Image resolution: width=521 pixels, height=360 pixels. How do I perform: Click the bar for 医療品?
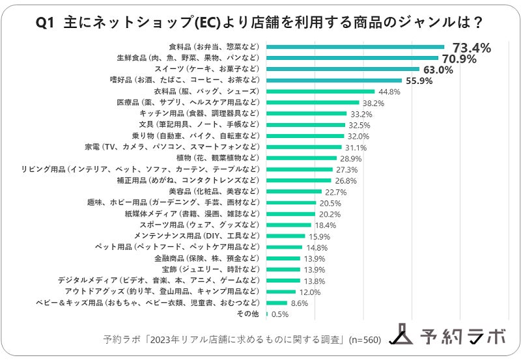tap(313, 103)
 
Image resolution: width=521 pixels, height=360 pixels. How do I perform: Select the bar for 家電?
tap(303, 147)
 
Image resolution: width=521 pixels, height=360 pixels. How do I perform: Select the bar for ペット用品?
tap(285, 247)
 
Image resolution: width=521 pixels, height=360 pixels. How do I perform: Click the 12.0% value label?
tap(311, 292)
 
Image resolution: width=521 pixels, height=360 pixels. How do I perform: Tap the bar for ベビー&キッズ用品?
tap(277, 303)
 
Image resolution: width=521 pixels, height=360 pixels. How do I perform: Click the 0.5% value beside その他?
tap(280, 314)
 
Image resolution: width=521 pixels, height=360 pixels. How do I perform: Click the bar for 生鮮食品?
tap(352, 58)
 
